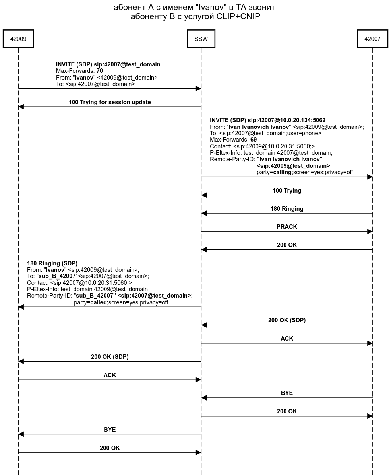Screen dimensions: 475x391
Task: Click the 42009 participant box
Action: point(18,39)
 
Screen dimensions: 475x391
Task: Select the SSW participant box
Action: point(201,39)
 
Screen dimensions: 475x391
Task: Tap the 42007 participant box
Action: point(372,39)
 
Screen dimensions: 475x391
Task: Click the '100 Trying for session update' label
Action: point(110,102)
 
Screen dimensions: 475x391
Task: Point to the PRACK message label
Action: point(287,227)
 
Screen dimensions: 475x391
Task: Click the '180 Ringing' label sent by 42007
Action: point(287,209)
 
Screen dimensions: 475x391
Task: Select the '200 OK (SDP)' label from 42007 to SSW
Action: point(287,320)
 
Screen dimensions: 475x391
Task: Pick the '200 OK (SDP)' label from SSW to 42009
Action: point(110,357)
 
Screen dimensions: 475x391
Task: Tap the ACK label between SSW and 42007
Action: point(287,339)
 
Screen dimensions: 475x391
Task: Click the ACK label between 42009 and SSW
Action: point(110,375)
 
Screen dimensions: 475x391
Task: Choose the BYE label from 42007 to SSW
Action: point(287,393)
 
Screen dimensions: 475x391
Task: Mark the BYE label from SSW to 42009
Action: point(110,430)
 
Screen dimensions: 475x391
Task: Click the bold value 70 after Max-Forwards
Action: point(100,71)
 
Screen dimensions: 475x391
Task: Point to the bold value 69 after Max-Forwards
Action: point(254,140)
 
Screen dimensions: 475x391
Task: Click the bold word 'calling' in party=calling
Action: point(282,172)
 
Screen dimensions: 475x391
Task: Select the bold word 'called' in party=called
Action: point(98,302)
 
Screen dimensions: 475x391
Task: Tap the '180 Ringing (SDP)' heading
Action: point(52,263)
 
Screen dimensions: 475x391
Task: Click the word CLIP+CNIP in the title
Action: point(236,17)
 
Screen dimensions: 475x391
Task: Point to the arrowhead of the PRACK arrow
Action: point(370,232)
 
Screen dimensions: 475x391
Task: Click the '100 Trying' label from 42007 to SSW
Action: point(287,191)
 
